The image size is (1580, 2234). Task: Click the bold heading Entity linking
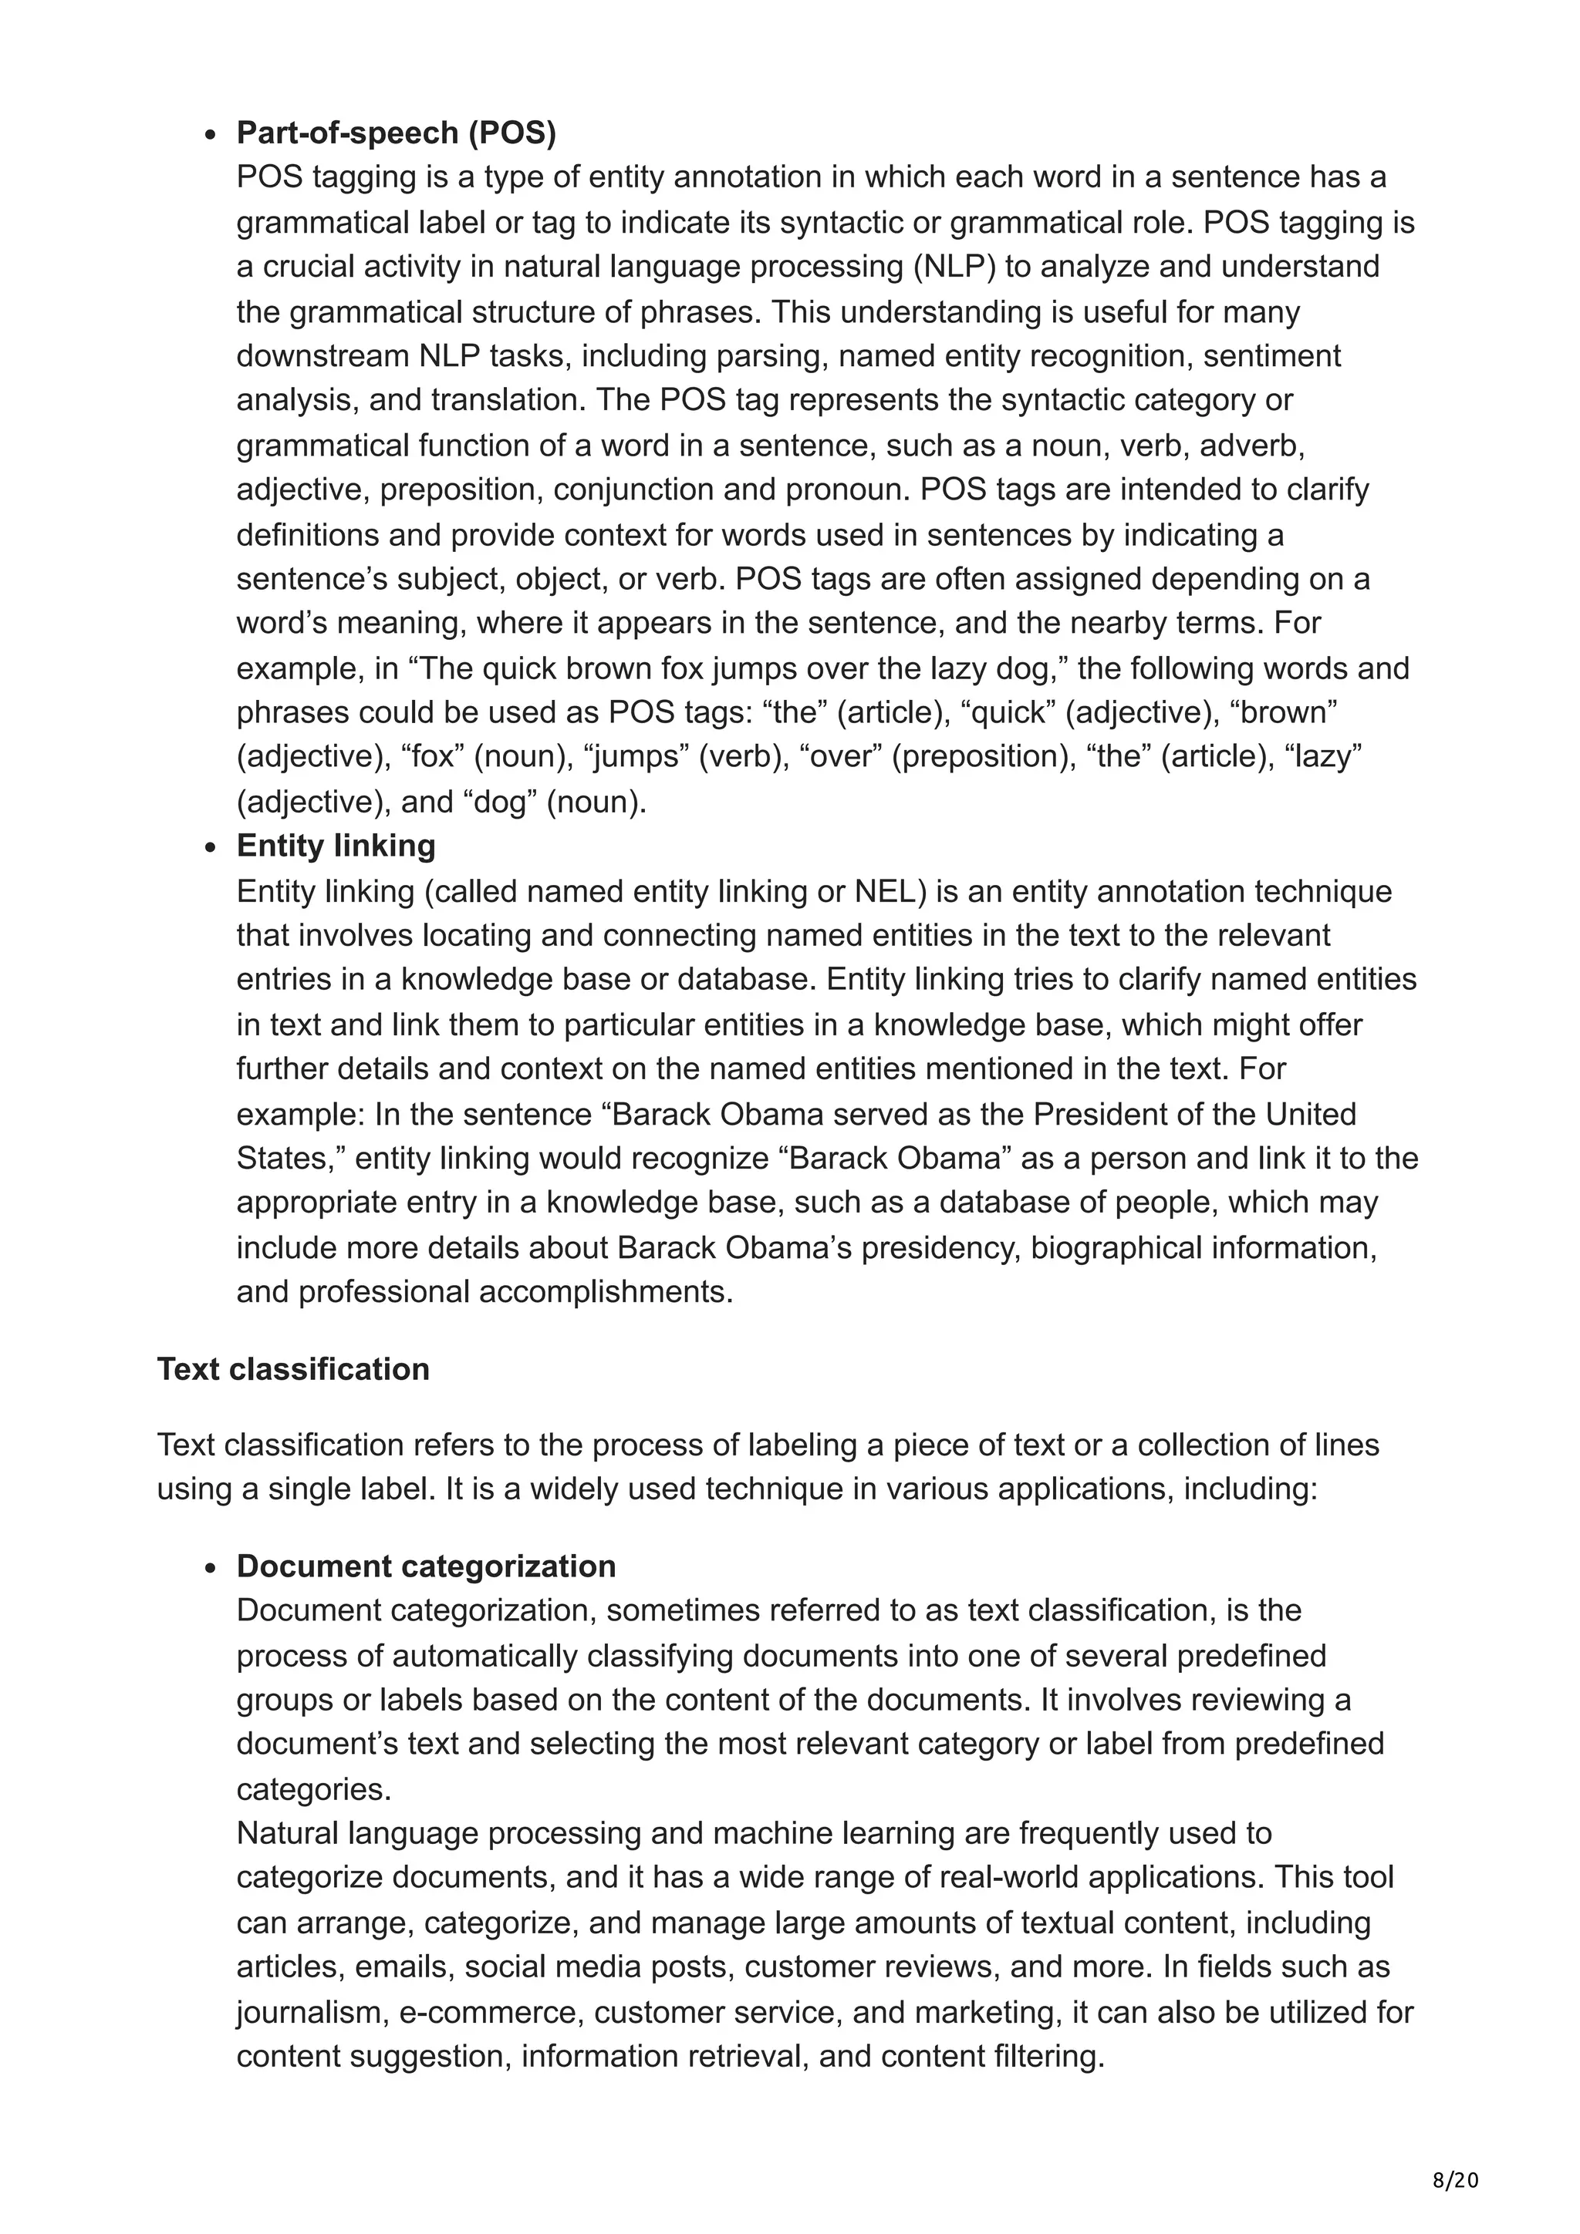(x=335, y=845)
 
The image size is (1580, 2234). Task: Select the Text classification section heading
(x=293, y=1368)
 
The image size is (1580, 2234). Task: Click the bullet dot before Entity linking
(x=211, y=847)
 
